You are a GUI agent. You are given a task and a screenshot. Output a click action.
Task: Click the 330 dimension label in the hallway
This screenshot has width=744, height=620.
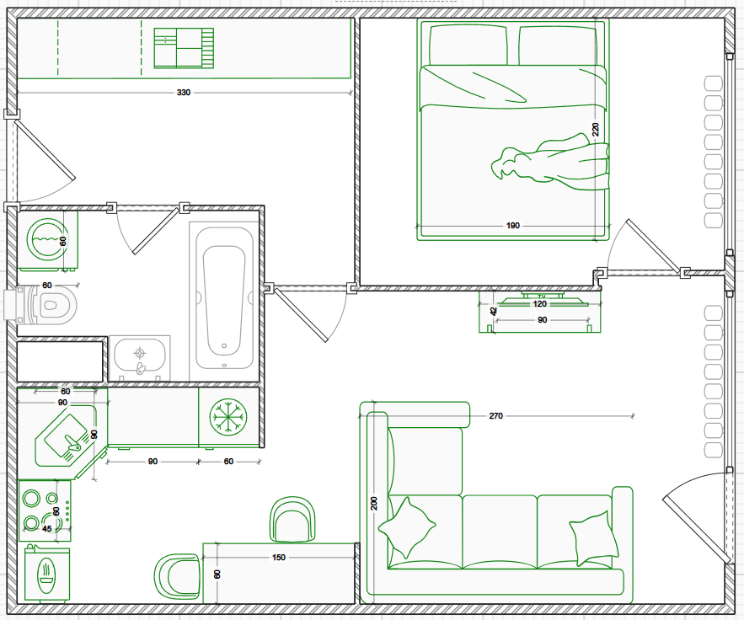[x=184, y=92]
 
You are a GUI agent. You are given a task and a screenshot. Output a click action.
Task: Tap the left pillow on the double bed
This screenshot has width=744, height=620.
[x=468, y=45]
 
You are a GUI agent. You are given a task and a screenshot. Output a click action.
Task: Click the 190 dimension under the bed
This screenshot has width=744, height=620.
[x=513, y=226]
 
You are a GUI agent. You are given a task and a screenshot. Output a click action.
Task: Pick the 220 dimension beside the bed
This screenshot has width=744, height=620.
[x=596, y=130]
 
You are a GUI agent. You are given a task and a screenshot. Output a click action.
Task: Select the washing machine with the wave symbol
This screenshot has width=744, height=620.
[x=47, y=238]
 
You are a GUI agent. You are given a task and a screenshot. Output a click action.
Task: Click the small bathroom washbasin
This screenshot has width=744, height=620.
[x=140, y=357]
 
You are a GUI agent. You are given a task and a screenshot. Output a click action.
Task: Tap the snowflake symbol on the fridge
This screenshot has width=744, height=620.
[x=227, y=416]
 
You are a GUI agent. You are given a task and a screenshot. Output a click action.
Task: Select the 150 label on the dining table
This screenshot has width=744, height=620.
[x=279, y=558]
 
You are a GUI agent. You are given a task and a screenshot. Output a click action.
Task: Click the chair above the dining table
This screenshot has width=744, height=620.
[x=292, y=519]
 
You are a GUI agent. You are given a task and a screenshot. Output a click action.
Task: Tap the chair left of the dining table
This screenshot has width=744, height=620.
[x=178, y=576]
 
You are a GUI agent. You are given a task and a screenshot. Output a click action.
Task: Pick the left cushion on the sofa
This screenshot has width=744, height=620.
[x=407, y=527]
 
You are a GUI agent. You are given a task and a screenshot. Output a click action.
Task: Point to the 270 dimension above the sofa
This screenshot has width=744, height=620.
[x=495, y=416]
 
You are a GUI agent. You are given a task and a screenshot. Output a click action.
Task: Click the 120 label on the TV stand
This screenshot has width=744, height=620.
[x=540, y=304]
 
